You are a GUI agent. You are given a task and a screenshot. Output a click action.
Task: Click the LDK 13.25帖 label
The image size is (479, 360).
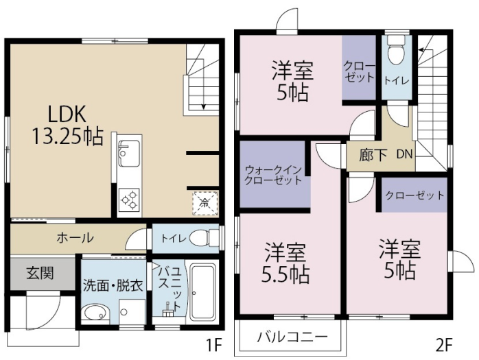67,125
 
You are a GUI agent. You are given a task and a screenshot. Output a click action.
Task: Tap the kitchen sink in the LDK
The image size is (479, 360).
129,154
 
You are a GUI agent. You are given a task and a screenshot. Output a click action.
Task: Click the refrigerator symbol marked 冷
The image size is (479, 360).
205,203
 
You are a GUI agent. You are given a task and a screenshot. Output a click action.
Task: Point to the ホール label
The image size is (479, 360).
75,238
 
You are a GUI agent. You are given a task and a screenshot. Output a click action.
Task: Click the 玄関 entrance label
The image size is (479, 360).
40,273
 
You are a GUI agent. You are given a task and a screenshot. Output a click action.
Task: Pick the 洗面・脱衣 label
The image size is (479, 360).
113,286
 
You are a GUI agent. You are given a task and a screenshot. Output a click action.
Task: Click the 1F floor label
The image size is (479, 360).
213,346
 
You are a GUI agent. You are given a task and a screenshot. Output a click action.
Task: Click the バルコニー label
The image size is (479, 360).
292,337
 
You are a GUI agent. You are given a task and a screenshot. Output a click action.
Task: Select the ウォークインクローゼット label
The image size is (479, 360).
273,176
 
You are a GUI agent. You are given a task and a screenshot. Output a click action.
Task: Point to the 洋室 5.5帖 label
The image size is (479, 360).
285,263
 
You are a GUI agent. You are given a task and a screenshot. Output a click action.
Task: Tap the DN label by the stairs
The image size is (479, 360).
404,154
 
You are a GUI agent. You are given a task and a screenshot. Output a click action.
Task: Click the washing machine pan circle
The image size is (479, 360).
124,312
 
